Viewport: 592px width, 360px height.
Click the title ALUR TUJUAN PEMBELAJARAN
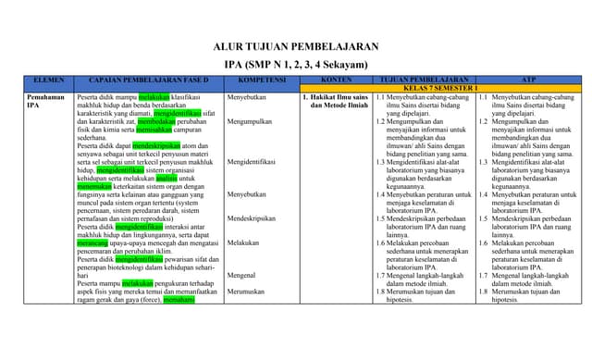point(295,46)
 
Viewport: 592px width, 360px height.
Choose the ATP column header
point(528,81)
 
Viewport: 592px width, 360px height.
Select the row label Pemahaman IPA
point(45,102)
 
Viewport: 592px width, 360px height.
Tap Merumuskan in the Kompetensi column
point(248,292)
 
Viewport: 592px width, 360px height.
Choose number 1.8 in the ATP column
point(483,292)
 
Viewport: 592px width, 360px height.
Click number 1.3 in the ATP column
point(483,161)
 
